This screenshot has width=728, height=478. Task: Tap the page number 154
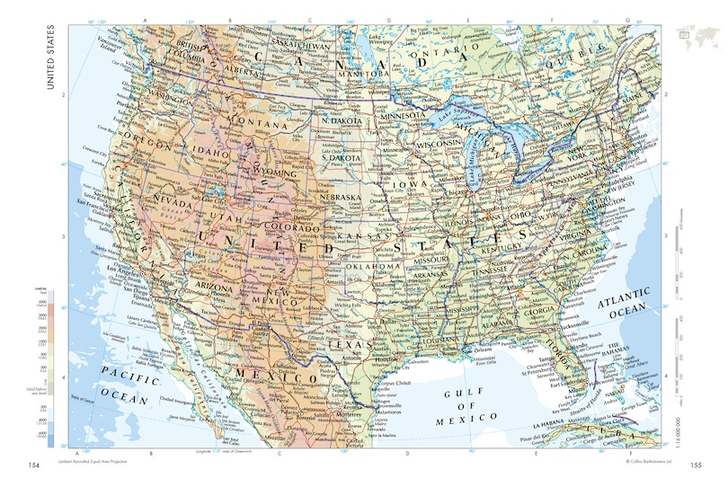[34, 465]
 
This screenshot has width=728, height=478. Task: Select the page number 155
[695, 465]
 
